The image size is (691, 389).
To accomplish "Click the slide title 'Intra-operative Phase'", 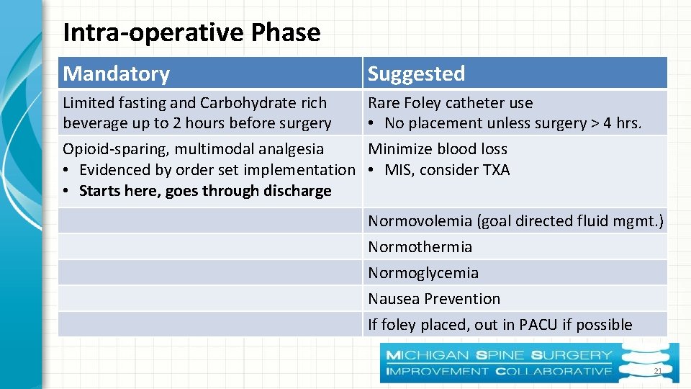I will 191,32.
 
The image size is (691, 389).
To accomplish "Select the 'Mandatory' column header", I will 117,73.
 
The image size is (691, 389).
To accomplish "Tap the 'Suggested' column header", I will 416,73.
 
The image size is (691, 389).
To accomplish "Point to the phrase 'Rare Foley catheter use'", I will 450,103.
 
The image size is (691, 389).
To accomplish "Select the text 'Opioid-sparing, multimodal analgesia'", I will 193,149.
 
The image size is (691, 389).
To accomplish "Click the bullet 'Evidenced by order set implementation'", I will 217,170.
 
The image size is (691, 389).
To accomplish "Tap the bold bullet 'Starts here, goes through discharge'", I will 205,191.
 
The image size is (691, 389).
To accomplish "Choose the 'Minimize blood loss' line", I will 438,149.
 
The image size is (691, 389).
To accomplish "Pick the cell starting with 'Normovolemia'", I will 515,221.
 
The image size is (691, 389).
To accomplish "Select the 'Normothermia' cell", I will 420,247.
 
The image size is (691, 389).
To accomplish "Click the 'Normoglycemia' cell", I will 423,273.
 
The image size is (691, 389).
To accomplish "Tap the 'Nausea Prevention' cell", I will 434,299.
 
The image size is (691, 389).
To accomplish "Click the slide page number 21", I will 657,371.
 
